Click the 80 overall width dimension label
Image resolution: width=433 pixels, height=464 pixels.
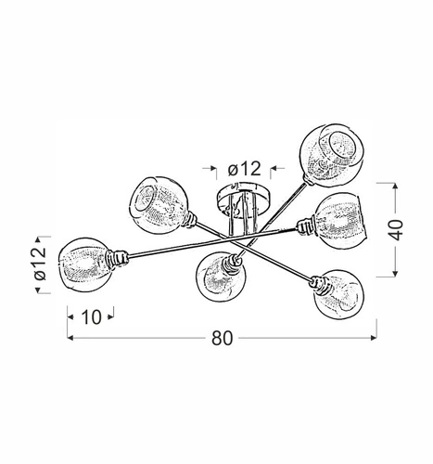[221, 339]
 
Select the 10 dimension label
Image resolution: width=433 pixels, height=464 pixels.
[89, 316]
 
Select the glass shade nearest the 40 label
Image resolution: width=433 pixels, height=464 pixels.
[339, 220]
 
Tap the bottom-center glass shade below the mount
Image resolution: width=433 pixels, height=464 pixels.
[216, 276]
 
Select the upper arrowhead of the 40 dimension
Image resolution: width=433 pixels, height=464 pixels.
[397, 183]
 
